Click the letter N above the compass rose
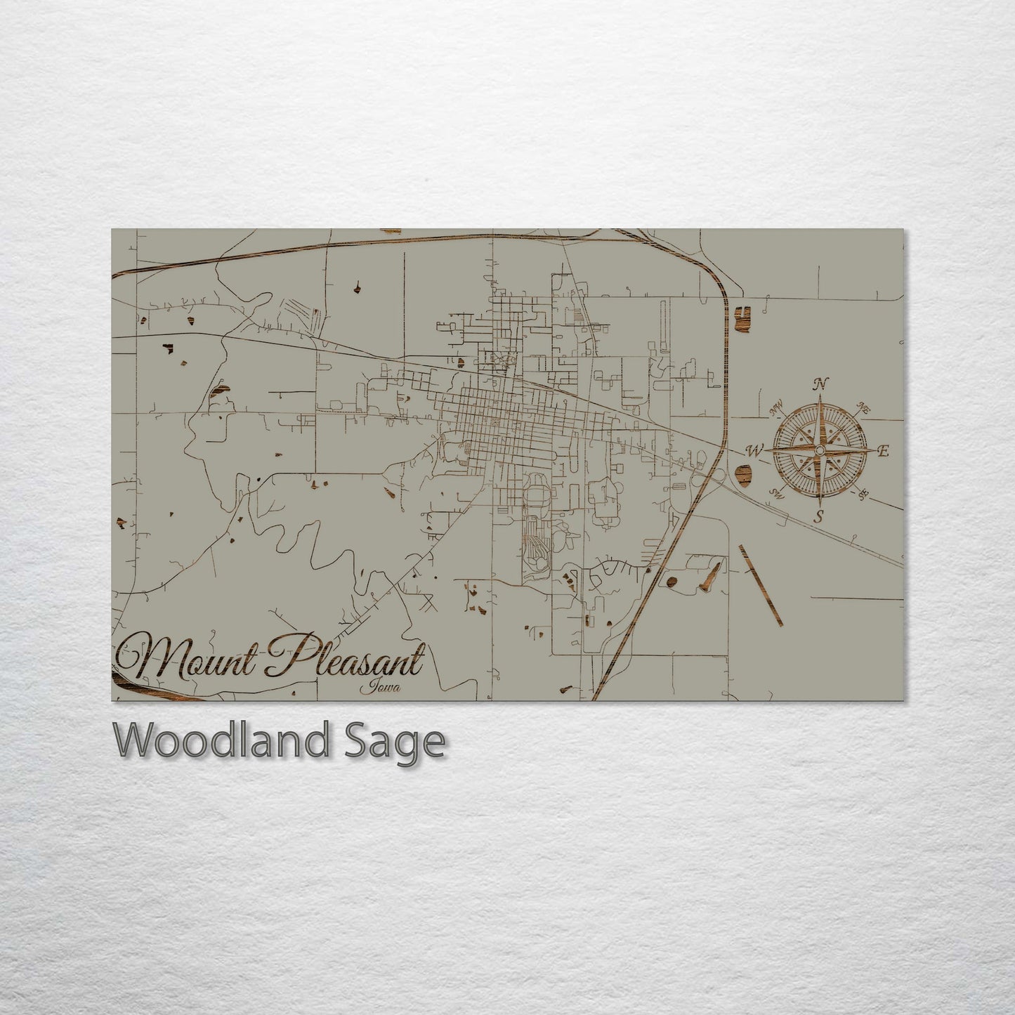click(819, 384)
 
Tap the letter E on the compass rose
click(884, 452)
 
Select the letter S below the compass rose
click(819, 518)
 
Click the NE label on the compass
click(864, 408)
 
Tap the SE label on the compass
click(863, 495)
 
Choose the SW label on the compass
click(777, 493)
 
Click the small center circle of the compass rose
click(820, 450)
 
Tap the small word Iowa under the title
click(381, 688)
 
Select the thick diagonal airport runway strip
click(761, 584)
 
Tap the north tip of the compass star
click(820, 400)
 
